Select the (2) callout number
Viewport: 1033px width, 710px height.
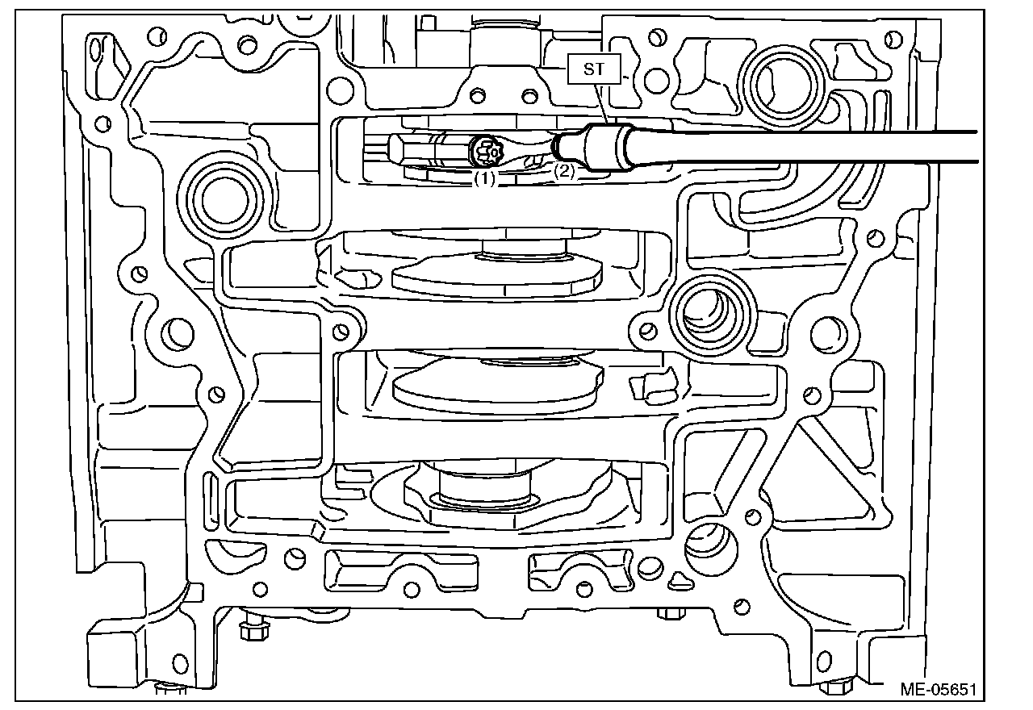click(x=563, y=170)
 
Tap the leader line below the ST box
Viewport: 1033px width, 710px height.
click(x=596, y=102)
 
